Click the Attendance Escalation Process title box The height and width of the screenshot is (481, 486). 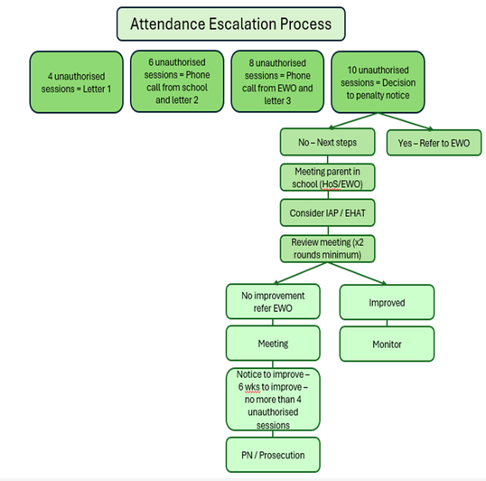(231, 24)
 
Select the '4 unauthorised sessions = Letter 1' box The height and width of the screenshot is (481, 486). (76, 82)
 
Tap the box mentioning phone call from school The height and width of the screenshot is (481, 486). (177, 81)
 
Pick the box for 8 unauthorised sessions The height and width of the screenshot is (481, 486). (277, 81)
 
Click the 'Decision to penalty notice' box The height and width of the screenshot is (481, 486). (378, 82)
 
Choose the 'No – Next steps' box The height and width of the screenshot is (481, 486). (327, 142)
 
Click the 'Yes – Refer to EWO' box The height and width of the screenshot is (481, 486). (434, 143)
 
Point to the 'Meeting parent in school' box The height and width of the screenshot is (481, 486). (327, 177)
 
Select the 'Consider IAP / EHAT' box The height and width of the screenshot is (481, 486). (327, 212)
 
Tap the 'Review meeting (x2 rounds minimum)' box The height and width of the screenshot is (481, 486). (327, 249)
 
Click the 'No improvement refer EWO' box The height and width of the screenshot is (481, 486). (273, 301)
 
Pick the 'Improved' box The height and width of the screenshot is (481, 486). (387, 302)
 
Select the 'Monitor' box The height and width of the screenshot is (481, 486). (387, 344)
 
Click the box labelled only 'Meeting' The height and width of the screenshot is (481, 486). (273, 343)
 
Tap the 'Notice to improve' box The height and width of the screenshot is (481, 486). (273, 399)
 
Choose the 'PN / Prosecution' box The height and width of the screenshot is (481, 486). (273, 455)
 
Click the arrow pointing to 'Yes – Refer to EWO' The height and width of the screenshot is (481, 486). (406, 121)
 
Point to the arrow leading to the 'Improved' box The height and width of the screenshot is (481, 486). (357, 273)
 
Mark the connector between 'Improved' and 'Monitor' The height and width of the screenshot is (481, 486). (387, 323)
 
